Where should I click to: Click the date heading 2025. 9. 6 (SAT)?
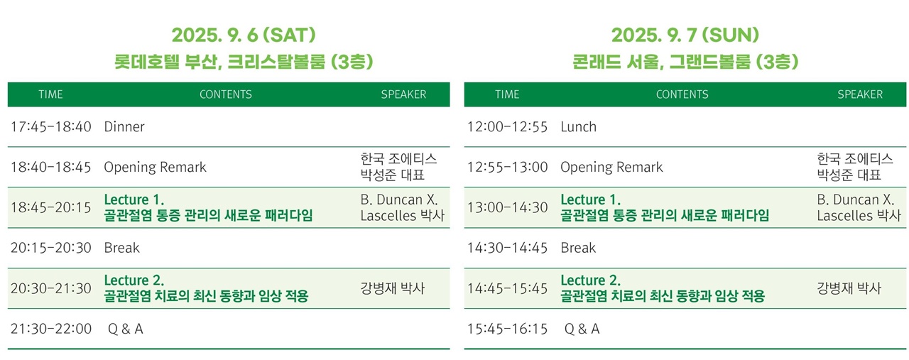coord(244,35)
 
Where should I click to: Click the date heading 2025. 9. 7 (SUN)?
coord(685,35)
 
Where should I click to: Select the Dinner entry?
coord(124,126)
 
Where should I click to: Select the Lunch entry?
coord(578,126)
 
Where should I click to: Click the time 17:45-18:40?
coord(50,126)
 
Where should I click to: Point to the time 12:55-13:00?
coord(507,167)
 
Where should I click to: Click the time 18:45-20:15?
coord(50,207)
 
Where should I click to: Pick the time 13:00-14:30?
coord(507,207)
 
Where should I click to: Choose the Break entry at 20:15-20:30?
coord(121,248)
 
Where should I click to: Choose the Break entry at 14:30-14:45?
coord(578,248)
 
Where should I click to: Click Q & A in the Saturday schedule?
coord(126,329)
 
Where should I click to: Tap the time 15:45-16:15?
coord(507,329)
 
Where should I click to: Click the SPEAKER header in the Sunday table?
coord(860,94)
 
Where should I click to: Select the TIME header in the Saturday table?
coord(50,94)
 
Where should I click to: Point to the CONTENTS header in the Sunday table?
coord(682,94)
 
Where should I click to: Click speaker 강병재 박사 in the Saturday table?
coord(393,288)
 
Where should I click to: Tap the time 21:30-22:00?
coord(50,329)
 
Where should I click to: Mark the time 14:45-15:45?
coord(507,288)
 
